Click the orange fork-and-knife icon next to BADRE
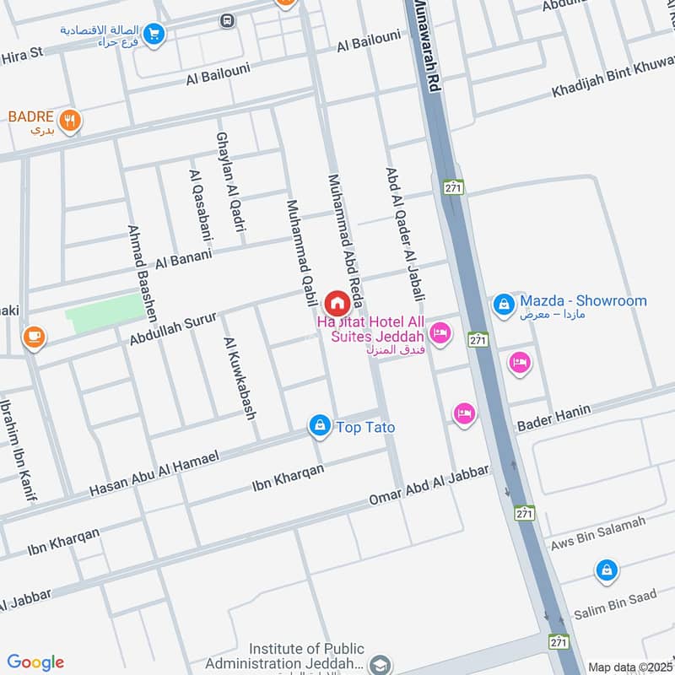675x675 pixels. pos(70,120)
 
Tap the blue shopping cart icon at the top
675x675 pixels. pos(154,34)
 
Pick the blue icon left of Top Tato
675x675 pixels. pos(319,426)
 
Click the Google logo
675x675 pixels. pos(35,662)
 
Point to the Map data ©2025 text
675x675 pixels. pos(630,667)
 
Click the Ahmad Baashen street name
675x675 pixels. pos(142,273)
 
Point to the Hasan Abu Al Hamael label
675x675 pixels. pos(154,473)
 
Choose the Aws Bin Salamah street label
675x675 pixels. pos(597,535)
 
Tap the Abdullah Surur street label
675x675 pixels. pos(173,327)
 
